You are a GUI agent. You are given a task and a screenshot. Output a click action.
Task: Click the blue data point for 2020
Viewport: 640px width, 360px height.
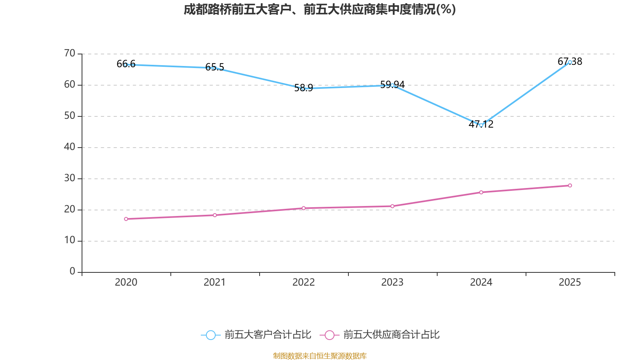(126, 64)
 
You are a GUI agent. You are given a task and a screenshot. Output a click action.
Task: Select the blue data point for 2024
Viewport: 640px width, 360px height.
(481, 125)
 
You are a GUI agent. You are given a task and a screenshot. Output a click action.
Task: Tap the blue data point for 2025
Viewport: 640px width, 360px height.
(570, 62)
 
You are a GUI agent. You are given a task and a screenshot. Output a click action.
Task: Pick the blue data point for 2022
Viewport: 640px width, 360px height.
(304, 88)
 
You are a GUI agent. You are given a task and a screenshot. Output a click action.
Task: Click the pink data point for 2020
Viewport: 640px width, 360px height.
(126, 219)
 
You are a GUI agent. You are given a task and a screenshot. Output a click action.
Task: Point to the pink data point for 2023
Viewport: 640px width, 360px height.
(392, 206)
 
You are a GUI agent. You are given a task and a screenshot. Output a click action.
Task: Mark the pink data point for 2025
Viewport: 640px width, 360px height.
(570, 186)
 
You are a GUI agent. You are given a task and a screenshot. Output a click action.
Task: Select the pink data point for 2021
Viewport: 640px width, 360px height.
(215, 215)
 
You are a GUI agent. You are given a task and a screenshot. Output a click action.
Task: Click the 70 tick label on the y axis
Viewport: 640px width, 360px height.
(70, 53)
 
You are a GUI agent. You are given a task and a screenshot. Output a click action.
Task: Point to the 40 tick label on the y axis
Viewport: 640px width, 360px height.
(70, 147)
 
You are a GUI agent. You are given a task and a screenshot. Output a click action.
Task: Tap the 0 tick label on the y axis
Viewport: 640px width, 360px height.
(72, 272)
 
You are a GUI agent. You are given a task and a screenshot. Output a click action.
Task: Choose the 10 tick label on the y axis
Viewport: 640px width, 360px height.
(70, 240)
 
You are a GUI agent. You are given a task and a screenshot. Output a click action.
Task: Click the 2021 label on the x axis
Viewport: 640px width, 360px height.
(215, 282)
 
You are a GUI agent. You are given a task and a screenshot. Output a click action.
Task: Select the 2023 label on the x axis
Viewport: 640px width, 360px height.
(392, 282)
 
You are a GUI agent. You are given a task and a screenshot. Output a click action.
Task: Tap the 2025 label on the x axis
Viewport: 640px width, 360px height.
(570, 282)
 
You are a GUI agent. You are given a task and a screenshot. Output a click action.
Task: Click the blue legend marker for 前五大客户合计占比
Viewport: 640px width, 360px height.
(210, 335)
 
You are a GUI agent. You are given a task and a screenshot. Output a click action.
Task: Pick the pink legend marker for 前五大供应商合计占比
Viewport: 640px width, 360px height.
(329, 335)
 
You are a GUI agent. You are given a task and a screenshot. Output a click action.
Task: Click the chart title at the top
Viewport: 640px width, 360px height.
(320, 10)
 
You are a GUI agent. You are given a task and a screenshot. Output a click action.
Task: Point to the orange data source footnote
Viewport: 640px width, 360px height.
(320, 356)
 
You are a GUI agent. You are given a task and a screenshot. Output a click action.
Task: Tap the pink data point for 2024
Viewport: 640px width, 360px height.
(481, 192)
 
